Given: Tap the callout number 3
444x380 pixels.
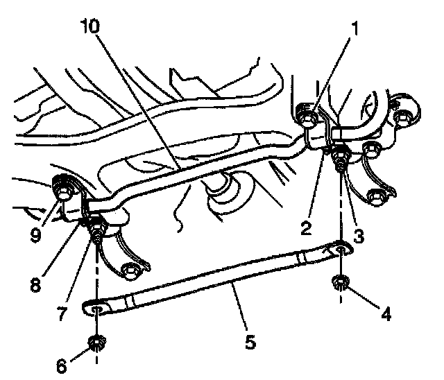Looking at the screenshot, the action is coord(357,235).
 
